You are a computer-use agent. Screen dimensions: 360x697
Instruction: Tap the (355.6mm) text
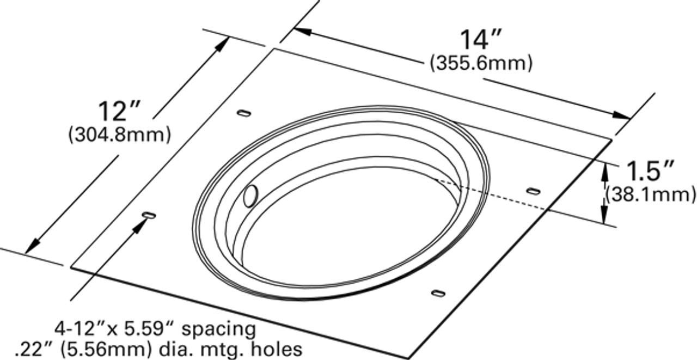(x=480, y=64)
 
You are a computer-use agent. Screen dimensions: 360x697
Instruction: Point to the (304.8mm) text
(x=119, y=134)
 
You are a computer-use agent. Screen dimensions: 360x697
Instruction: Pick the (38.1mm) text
(x=651, y=193)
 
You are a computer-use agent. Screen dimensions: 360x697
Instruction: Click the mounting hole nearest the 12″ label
(x=244, y=113)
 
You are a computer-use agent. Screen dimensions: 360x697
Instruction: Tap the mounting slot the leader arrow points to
(x=149, y=216)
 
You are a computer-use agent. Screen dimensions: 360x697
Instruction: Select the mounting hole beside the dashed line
(x=533, y=191)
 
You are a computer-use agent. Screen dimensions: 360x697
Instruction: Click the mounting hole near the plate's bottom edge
(x=438, y=294)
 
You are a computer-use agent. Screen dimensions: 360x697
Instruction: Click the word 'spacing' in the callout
(x=218, y=329)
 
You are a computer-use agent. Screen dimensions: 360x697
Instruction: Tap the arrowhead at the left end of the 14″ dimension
(x=302, y=31)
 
